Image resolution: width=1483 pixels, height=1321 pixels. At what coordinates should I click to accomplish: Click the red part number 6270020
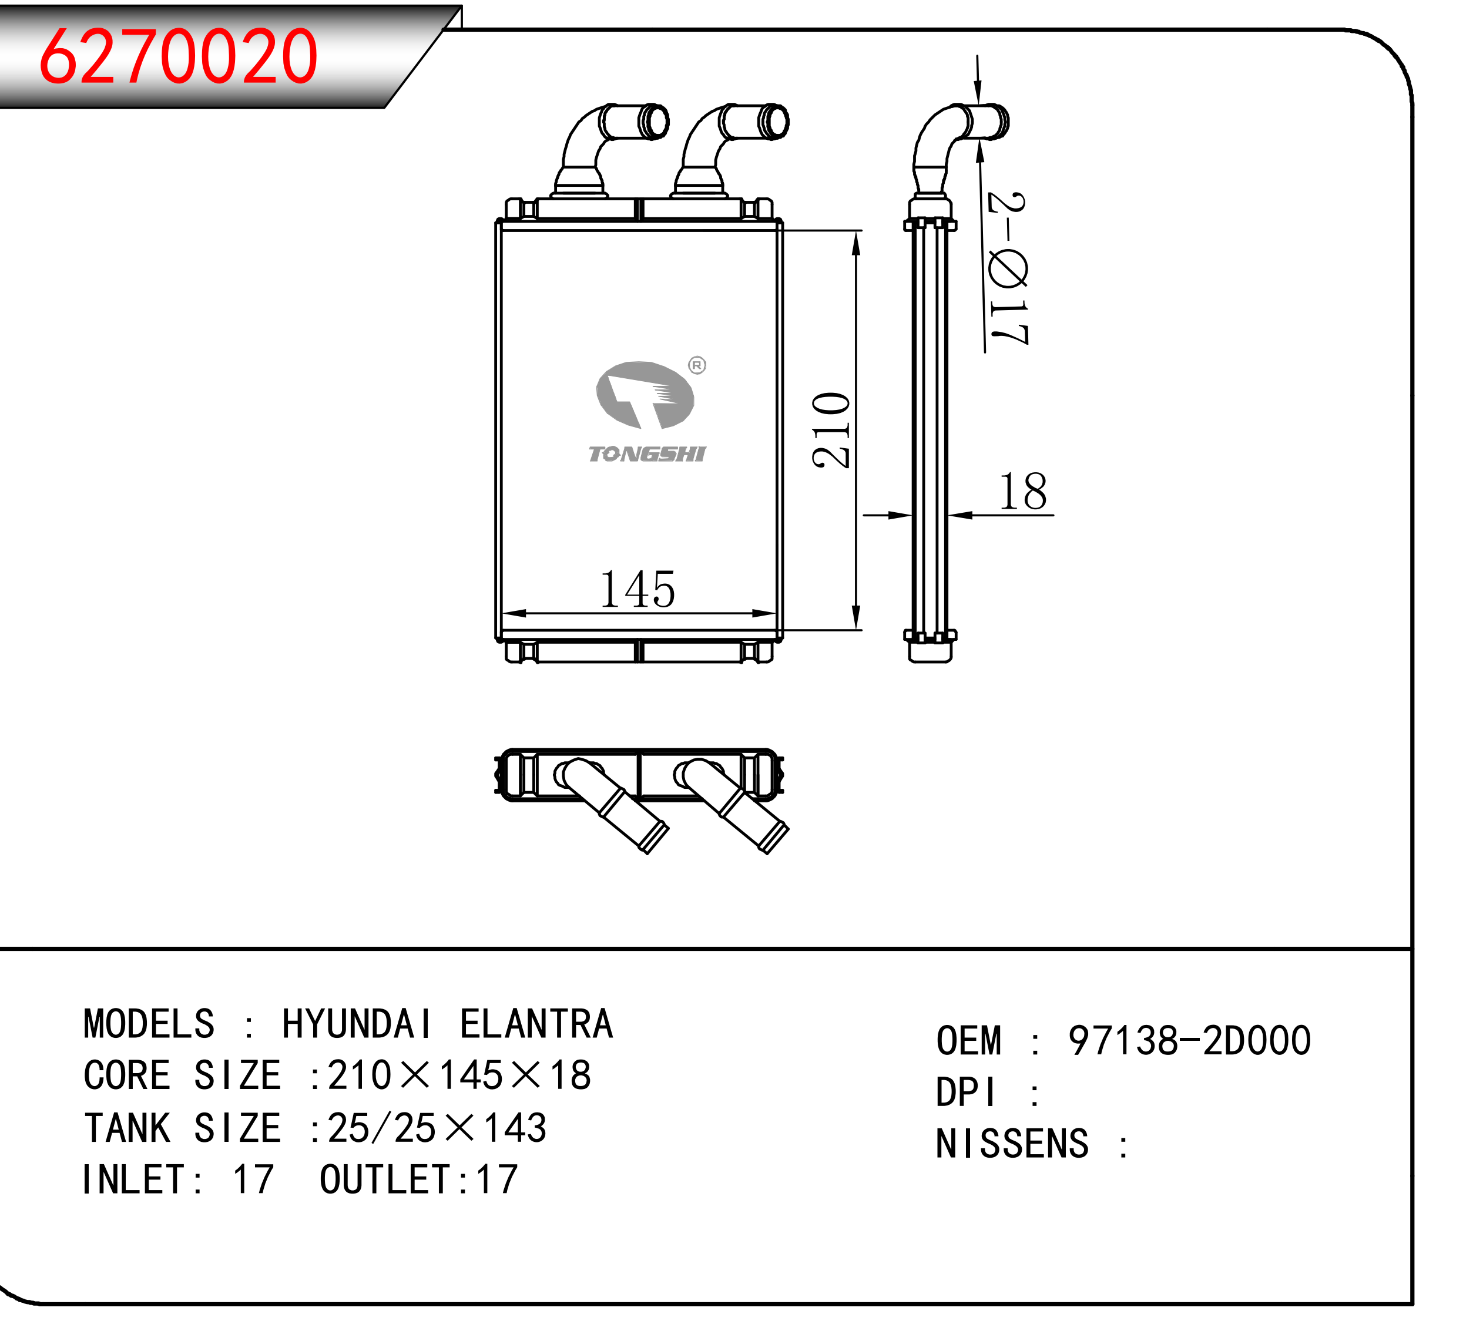178,56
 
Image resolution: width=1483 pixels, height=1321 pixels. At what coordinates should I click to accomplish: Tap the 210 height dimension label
831,430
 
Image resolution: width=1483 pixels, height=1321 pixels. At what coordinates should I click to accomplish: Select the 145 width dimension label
638,589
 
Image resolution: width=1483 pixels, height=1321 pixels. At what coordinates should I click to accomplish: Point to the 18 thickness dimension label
1023,492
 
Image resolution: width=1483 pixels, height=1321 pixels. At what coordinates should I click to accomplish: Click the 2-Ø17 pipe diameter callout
1008,268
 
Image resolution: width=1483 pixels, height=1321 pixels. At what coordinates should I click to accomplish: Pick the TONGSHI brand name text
647,455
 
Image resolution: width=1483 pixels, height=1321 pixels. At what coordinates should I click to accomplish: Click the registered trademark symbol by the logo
697,365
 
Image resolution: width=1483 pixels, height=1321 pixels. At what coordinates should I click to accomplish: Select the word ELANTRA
536,1024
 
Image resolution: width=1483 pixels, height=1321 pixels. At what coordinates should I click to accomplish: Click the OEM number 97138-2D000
1190,1040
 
